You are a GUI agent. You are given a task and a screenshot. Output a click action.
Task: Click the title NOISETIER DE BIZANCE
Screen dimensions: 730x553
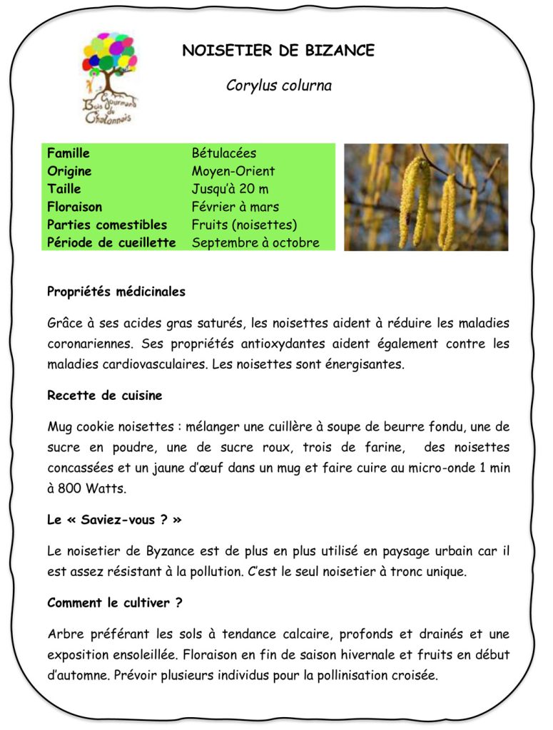coord(278,51)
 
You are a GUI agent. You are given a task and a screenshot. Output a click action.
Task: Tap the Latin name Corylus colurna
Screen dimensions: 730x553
coord(279,86)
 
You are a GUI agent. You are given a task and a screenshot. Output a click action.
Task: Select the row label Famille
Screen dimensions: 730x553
coord(69,153)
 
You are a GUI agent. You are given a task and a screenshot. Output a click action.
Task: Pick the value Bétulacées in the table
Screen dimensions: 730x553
coord(224,153)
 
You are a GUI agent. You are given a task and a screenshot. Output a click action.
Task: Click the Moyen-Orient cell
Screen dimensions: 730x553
coord(233,171)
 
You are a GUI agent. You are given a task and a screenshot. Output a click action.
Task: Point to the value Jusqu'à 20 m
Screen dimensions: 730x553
coord(230,189)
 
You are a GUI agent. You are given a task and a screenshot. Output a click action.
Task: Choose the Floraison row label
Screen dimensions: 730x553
coord(74,207)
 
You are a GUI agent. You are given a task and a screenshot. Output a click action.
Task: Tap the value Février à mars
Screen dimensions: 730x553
coord(235,207)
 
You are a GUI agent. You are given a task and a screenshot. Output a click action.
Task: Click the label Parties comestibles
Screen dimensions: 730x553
coord(107,225)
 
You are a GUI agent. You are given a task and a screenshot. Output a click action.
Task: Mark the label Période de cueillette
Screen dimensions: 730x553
coord(111,242)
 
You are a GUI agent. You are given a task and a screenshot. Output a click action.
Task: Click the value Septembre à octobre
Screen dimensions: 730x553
coord(255,242)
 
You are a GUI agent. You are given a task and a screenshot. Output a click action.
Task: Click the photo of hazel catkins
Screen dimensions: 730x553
coord(426,197)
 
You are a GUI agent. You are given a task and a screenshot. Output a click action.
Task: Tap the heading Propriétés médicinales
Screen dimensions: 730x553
coord(116,292)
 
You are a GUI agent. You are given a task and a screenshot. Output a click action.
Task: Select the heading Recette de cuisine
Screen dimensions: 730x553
coord(105,395)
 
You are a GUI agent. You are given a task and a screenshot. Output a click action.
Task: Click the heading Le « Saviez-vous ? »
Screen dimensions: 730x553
coord(114,520)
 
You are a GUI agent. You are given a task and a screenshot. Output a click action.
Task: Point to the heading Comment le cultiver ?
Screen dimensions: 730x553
coord(114,603)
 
